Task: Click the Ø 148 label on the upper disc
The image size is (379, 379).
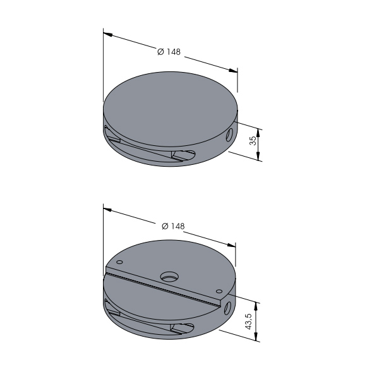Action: pyautogui.click(x=169, y=52)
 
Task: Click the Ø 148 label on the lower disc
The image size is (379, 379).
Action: pyautogui.click(x=173, y=226)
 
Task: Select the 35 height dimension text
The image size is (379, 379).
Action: pyautogui.click(x=253, y=141)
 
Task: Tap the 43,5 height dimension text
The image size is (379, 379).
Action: pyautogui.click(x=249, y=322)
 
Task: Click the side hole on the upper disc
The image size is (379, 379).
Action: pyautogui.click(x=229, y=135)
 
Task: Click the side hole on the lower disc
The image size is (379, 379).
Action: pyautogui.click(x=227, y=309)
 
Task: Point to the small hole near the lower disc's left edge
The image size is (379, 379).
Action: pyautogui.click(x=119, y=262)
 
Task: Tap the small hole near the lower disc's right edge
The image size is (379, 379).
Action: pyautogui.click(x=219, y=291)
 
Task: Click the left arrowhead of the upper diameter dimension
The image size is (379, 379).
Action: pyautogui.click(x=107, y=34)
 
